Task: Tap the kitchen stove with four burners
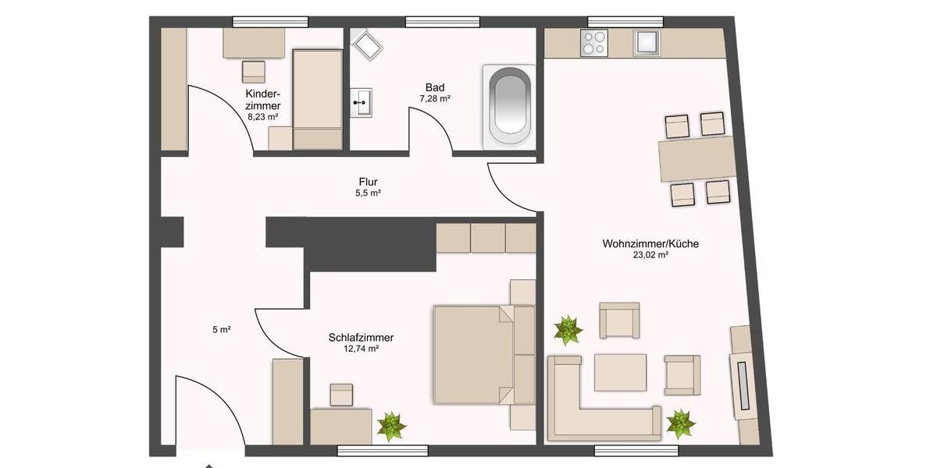594,42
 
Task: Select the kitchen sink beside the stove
647,42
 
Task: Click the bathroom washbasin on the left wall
362,101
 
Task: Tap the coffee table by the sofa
620,372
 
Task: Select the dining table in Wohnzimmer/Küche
697,158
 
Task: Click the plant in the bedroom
391,426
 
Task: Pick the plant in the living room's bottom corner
681,424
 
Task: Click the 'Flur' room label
368,182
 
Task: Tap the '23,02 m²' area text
650,255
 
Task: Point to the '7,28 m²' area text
435,99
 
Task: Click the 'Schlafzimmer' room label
361,338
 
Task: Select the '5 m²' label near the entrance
222,330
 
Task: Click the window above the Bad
442,22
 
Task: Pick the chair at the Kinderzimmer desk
254,72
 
